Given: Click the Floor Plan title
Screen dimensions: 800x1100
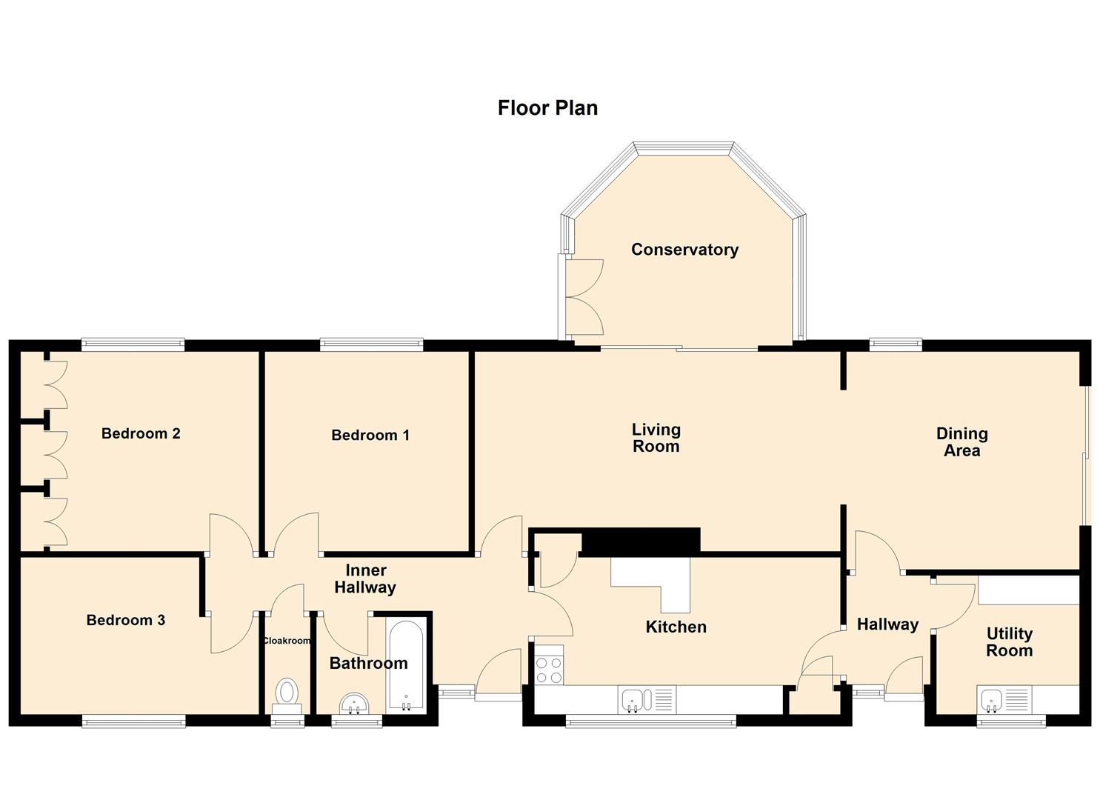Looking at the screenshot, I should pos(547,108).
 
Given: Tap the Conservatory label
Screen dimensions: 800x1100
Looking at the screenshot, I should pos(684,250).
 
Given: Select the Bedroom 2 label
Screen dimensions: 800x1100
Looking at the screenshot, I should pos(141,433).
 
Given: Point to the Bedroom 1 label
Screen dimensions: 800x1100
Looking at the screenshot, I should pos(370,435).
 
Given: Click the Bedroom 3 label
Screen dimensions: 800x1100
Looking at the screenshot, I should pos(125,620).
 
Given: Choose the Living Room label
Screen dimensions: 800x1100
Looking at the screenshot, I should pos(656,438).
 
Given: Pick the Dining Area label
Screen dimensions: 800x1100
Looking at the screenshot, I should pos(961,442).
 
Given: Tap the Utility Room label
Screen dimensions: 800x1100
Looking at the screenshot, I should pos(1009,642).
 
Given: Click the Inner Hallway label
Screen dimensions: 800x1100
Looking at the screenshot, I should pos(365,579).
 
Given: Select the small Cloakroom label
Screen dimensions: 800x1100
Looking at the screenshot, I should pos(287,641).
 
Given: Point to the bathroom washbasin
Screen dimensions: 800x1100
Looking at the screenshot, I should pos(356,704).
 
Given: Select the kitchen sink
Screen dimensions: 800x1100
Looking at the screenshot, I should pos(636,699).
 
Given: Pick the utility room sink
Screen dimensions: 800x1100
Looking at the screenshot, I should pos(992,699).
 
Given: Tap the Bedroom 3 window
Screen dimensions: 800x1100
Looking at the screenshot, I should pos(133,721).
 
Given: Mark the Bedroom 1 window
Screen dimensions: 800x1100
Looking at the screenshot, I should pos(371,344).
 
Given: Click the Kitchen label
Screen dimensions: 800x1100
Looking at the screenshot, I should pos(676,627).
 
